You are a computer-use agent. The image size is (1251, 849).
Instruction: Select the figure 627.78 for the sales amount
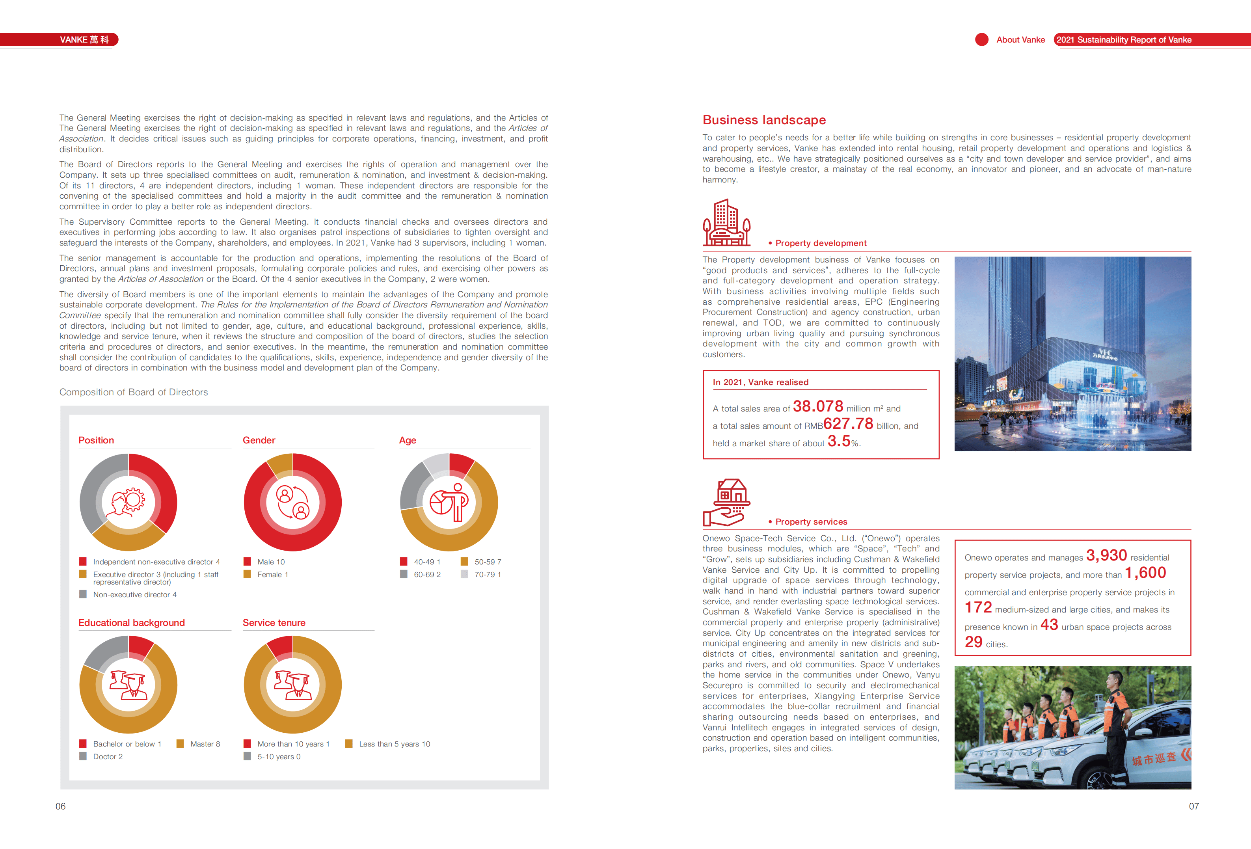848,424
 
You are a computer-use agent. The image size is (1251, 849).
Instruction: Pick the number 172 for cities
977,608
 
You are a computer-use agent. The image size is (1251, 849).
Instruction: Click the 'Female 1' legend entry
272,574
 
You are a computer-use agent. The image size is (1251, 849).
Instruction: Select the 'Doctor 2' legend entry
108,756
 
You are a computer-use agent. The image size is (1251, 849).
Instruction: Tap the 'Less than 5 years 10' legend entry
394,744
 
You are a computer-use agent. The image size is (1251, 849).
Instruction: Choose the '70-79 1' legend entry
487,574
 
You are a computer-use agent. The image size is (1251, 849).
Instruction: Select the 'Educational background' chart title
131,623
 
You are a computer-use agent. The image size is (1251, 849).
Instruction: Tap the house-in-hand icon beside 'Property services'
726,502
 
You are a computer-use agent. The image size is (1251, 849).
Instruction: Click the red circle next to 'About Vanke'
981,40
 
